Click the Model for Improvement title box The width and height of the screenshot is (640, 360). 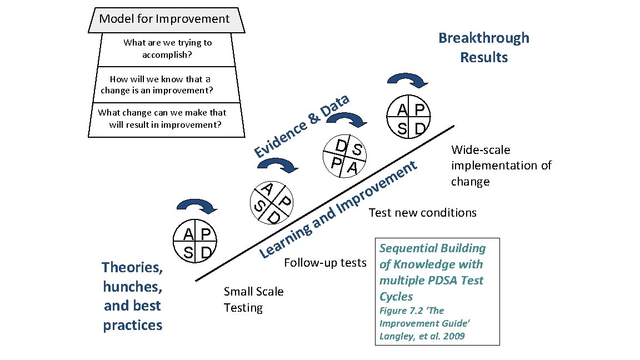click(x=164, y=19)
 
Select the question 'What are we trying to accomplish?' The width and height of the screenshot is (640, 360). click(x=167, y=49)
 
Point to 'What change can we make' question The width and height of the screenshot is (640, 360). click(x=162, y=118)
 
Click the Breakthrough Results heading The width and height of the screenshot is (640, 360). click(x=483, y=47)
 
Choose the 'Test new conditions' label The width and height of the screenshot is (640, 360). click(x=422, y=213)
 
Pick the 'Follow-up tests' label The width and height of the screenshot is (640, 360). click(x=325, y=262)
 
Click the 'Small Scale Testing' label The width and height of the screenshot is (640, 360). click(x=253, y=299)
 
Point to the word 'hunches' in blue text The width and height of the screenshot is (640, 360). click(x=133, y=287)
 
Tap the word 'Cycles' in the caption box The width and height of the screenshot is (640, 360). click(x=396, y=296)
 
